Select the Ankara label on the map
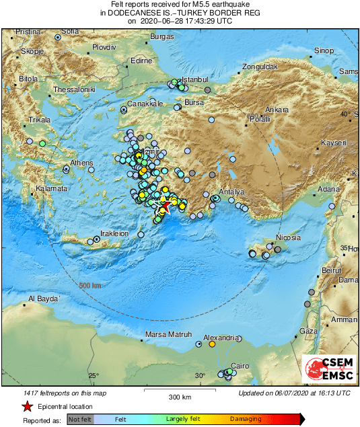click(277, 109)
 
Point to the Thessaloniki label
click(75, 89)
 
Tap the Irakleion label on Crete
click(114, 233)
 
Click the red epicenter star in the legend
click(26, 406)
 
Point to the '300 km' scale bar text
click(180, 397)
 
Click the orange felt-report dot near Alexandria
click(212, 344)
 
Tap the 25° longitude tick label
click(93, 375)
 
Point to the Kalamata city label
click(52, 189)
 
